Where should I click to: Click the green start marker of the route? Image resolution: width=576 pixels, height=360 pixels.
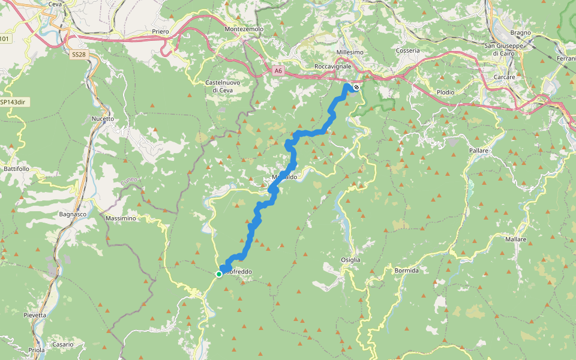pyautogui.click(x=219, y=274)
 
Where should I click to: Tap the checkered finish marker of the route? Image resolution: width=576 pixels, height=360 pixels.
pyautogui.click(x=356, y=88)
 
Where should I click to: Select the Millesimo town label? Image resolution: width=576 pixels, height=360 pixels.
pyautogui.click(x=350, y=52)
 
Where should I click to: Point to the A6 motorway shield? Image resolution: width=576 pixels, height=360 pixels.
pyautogui.click(x=277, y=71)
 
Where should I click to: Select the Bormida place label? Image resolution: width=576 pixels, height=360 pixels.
pyautogui.click(x=406, y=271)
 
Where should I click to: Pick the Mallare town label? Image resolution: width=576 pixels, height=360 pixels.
pyautogui.click(x=515, y=239)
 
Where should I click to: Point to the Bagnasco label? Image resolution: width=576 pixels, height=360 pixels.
pyautogui.click(x=73, y=214)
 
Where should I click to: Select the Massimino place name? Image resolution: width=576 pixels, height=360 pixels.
pyautogui.click(x=121, y=218)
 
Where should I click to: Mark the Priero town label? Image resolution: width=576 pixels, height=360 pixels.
pyautogui.click(x=160, y=31)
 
